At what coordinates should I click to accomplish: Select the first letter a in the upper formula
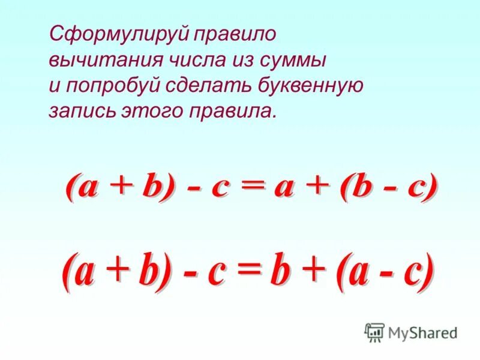point(85,188)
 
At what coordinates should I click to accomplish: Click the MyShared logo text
point(422,332)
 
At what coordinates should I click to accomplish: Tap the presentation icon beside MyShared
point(374,332)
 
